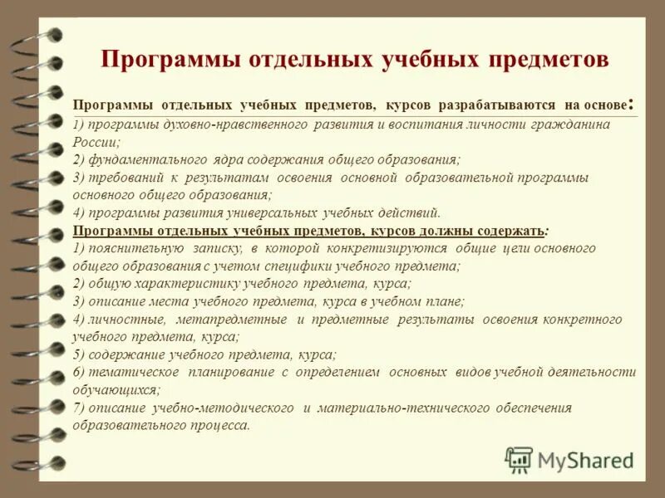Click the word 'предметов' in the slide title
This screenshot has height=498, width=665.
click(551, 60)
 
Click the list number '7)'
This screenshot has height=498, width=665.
click(79, 408)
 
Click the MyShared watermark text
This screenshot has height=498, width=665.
click(585, 459)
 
